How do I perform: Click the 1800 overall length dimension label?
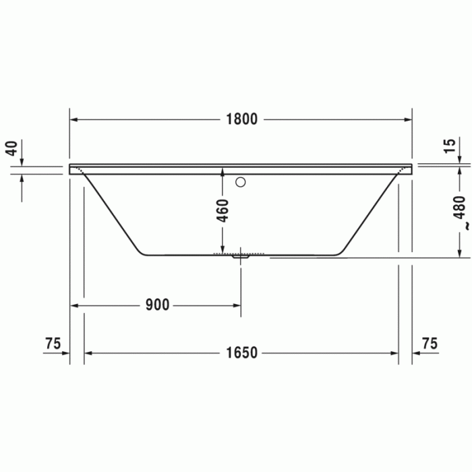pyautogui.click(x=241, y=119)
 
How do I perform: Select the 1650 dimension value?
pyautogui.click(x=241, y=353)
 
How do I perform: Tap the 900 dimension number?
pyautogui.click(x=156, y=305)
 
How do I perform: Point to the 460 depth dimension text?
pyautogui.click(x=223, y=210)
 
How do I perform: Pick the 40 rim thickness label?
pyautogui.click(x=11, y=148)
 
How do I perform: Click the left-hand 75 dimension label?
pyautogui.click(x=53, y=343)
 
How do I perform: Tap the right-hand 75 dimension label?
pyautogui.click(x=429, y=343)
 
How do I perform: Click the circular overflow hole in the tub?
pyautogui.click(x=241, y=181)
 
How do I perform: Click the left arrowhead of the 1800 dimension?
pyautogui.click(x=74, y=119)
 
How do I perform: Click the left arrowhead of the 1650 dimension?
pyautogui.click(x=88, y=353)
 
